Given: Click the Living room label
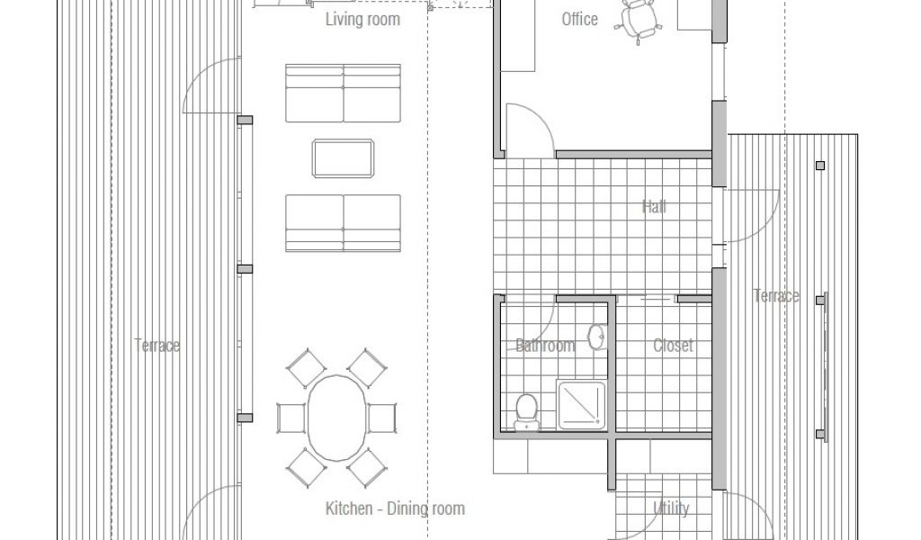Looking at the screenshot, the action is point(362,20).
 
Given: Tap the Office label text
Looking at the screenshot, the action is point(580,20).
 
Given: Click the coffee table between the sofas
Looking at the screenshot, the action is point(343,158).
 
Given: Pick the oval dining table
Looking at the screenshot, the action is point(337,418).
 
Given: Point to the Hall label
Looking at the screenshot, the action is point(654,207).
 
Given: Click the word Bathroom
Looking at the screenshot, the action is point(544,346).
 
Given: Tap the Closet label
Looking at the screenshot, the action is point(673,346).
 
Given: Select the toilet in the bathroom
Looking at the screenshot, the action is point(526,412).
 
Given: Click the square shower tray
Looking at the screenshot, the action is point(581,404).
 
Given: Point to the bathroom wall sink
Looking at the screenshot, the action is point(597,337).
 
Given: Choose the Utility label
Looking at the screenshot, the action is point(671,508).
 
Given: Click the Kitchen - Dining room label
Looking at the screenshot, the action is point(395,508).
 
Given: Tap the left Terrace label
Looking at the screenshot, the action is point(156,345).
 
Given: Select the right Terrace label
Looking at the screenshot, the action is point(776,295).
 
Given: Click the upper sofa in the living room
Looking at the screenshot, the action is point(343,93).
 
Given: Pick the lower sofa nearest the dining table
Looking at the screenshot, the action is point(343,223).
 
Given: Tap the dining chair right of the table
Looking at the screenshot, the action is point(382,418).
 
